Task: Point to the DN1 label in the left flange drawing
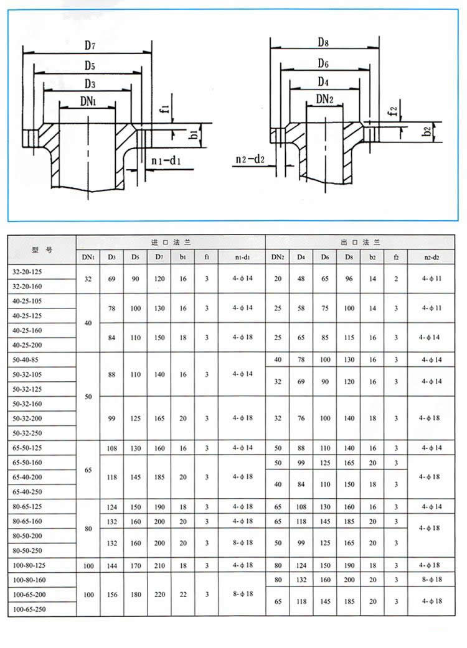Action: [88, 100]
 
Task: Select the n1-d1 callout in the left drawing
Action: [166, 162]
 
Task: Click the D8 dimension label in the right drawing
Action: [323, 42]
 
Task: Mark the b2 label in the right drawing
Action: [426, 131]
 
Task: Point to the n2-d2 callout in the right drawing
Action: [250, 160]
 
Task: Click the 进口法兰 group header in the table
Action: [171, 243]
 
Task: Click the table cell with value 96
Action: [349, 279]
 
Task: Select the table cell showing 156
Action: [111, 595]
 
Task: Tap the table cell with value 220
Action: [159, 595]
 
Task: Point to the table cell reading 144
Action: [111, 565]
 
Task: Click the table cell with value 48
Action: [301, 279]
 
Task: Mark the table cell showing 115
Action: [349, 338]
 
